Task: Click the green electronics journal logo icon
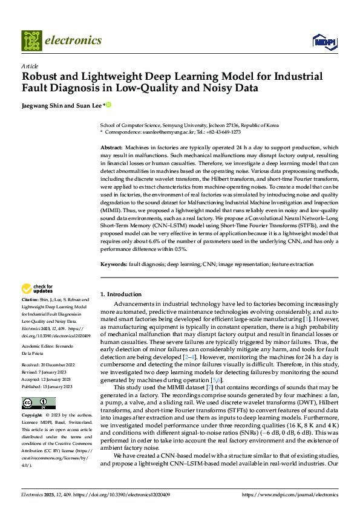[31, 41]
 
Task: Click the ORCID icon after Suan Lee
[109, 105]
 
